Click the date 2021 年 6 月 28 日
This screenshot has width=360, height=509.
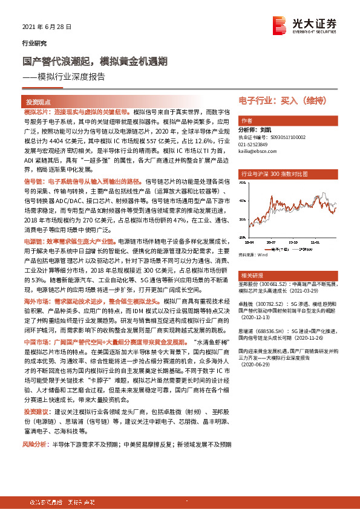[x=47, y=27]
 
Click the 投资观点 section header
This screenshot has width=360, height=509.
[x=38, y=103]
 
